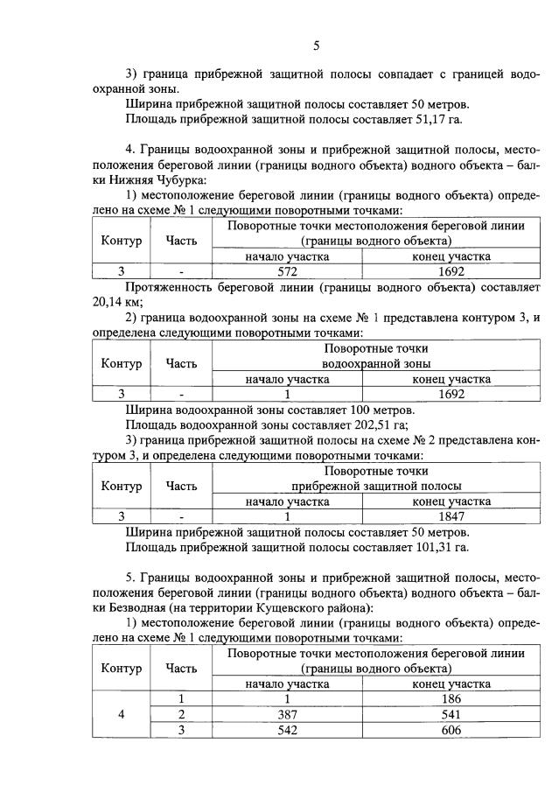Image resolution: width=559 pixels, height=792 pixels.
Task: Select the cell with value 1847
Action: [451, 516]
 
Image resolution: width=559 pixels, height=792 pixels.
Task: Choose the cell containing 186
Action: [451, 699]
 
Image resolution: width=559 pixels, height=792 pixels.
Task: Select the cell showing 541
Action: [451, 714]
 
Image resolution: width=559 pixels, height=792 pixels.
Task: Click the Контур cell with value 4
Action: [122, 714]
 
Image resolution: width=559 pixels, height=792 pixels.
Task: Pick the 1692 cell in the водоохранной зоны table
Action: [451, 394]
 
